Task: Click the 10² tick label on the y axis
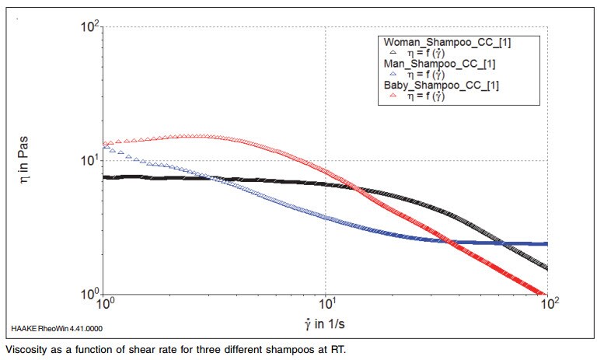point(92,28)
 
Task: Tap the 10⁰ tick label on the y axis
point(92,295)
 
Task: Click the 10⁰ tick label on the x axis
point(106,306)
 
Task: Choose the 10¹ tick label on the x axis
point(326,306)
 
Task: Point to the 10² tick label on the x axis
point(548,306)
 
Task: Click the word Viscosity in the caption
point(26,349)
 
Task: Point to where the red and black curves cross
point(354,187)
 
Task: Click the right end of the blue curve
point(547,244)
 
